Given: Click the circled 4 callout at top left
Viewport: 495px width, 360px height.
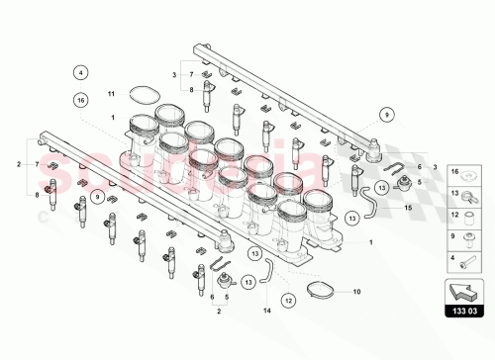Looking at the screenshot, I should tap(81, 71).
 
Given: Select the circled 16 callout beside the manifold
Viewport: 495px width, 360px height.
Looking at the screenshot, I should tap(81, 99).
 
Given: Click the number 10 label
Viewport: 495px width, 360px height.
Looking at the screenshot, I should tap(357, 292).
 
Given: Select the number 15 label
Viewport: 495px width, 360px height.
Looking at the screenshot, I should tap(406, 208).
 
